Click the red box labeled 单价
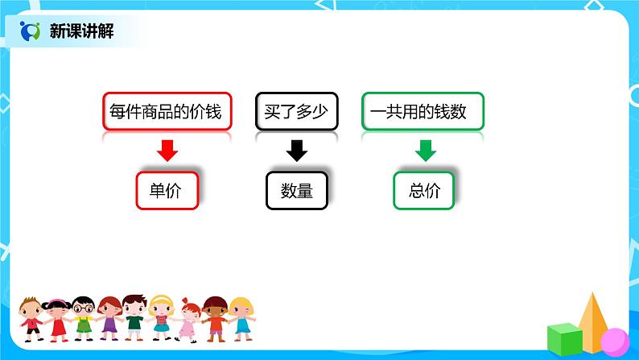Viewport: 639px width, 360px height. [167, 191]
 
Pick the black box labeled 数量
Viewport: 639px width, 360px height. [296, 191]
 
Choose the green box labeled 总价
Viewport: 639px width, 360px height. [424, 191]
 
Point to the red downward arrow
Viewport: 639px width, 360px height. [167, 150]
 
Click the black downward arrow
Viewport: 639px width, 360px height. [296, 150]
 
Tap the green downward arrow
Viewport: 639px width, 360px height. [424, 150]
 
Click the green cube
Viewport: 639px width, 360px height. [564, 338]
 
